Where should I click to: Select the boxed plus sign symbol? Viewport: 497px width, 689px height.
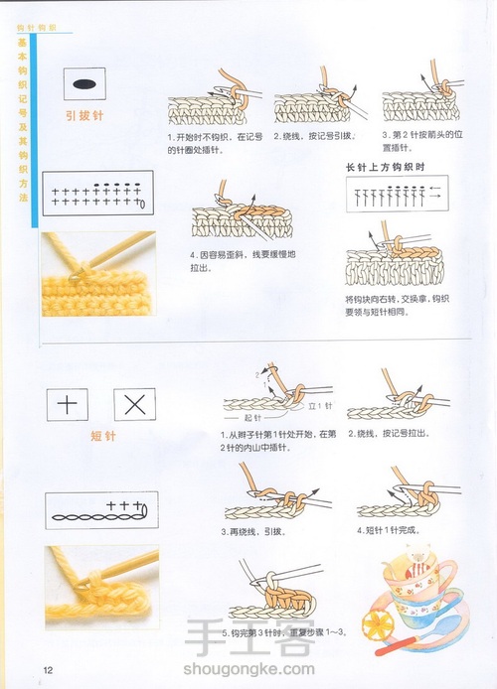(x=68, y=404)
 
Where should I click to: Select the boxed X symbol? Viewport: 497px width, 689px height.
(x=135, y=404)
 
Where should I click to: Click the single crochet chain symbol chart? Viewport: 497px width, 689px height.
(x=96, y=514)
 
